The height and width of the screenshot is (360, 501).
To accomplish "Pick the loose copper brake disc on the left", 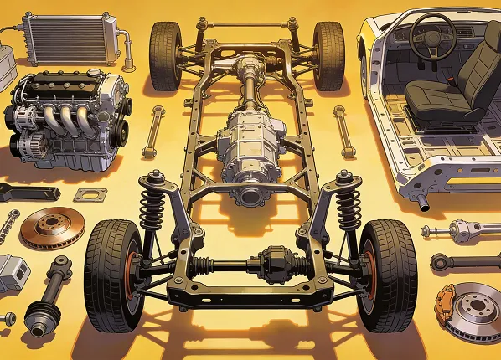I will coord(53,228).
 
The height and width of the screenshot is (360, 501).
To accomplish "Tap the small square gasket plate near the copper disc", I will coord(90,195).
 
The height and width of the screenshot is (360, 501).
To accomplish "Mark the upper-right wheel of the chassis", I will coord(328,55).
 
